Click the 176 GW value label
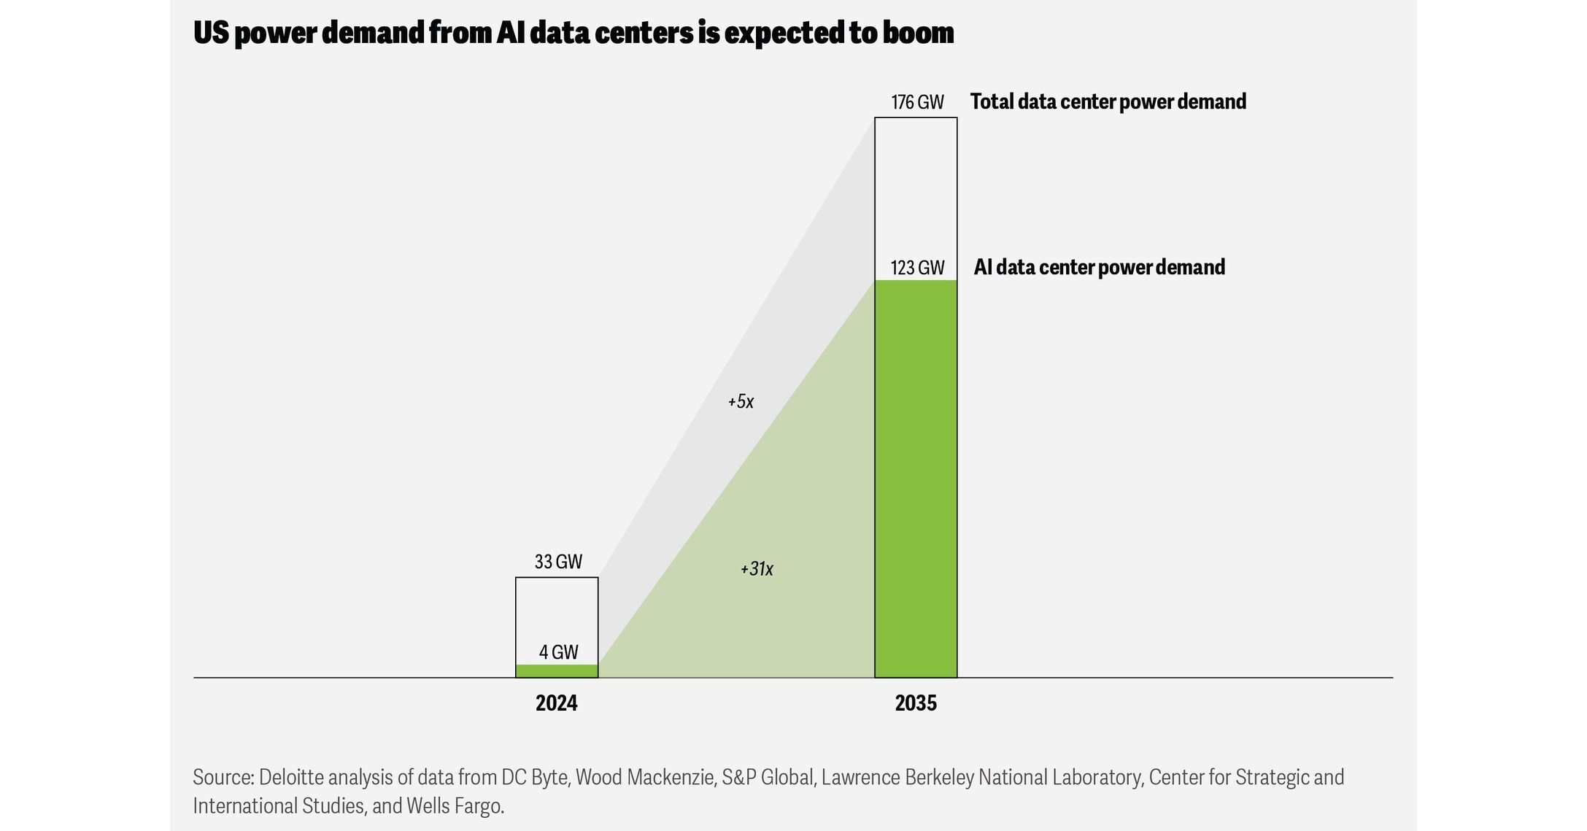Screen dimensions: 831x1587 click(x=916, y=102)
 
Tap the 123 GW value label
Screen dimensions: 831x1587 click(x=916, y=268)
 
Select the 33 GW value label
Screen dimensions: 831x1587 click(x=557, y=562)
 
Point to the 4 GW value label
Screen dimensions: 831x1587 click(x=558, y=652)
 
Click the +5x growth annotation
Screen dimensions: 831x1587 click(x=740, y=401)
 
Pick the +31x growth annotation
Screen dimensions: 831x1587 click(x=756, y=569)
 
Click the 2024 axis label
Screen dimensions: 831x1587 click(x=556, y=703)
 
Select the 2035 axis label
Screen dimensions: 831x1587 click(x=915, y=703)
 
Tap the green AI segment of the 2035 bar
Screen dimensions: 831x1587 click(x=915, y=478)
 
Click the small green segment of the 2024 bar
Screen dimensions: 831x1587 click(x=556, y=671)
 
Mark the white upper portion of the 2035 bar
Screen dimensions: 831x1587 click(x=915, y=197)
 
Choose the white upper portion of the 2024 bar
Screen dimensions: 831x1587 click(x=556, y=609)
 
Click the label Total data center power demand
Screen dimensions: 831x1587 click(x=1108, y=102)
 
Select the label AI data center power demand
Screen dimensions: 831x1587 click(x=1099, y=268)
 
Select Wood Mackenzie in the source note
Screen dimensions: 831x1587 click(x=645, y=778)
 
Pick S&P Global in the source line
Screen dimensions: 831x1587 click(x=767, y=778)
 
